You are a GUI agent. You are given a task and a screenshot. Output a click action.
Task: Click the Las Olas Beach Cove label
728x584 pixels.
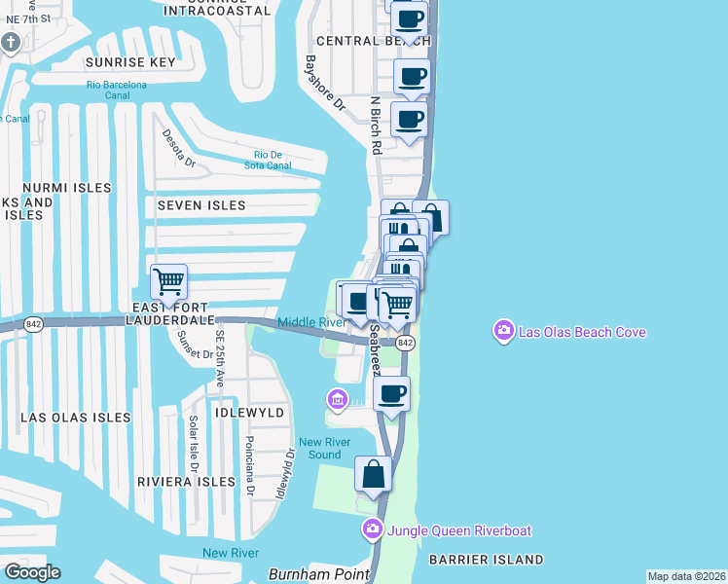tap(582, 333)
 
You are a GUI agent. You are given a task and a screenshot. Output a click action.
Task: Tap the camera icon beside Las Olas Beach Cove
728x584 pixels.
tap(504, 332)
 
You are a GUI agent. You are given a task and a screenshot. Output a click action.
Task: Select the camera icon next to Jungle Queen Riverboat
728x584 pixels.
tap(372, 530)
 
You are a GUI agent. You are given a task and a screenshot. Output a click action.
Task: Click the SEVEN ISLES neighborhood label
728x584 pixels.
tap(195, 206)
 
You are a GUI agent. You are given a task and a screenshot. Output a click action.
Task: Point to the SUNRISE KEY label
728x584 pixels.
tap(130, 62)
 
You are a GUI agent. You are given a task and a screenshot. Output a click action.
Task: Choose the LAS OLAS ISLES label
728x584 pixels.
tap(76, 418)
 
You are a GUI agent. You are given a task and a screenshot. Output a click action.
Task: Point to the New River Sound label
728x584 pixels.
tap(320, 449)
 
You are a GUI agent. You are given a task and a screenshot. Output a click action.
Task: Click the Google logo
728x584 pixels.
tap(32, 572)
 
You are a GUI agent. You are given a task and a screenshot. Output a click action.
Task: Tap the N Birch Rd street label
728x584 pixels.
tap(375, 124)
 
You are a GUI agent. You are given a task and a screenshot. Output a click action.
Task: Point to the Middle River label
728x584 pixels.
tap(311, 322)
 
